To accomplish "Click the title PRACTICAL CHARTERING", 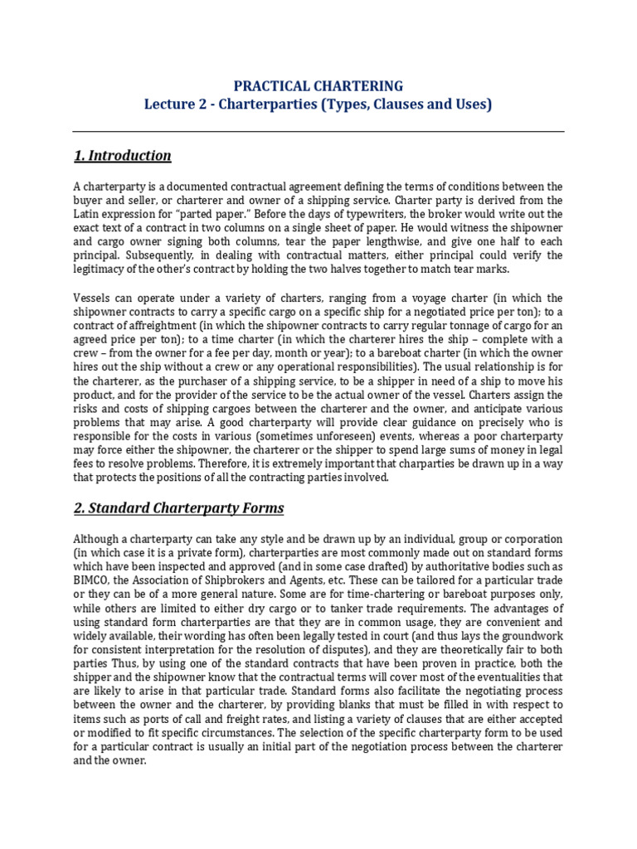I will pyautogui.click(x=318, y=86).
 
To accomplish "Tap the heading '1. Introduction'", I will pyautogui.click(x=122, y=156).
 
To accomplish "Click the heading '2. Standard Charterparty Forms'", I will pyautogui.click(x=178, y=507).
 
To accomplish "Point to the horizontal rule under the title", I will pyautogui.click(x=318, y=132).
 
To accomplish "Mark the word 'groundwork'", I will pyautogui.click(x=528, y=636).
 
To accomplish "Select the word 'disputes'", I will pyautogui.click(x=384, y=650).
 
